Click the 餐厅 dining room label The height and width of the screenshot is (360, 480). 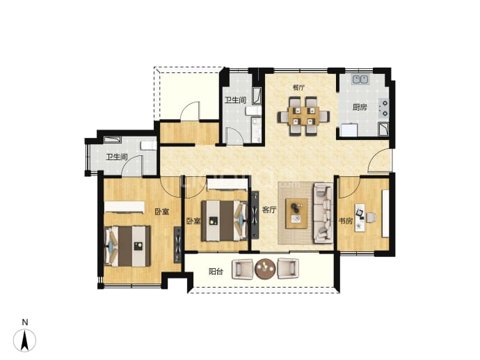298,88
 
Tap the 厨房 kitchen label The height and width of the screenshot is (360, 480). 360,107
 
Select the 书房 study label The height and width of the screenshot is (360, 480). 346,221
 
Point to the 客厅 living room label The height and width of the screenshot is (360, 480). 269,210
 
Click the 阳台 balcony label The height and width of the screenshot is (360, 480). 216,272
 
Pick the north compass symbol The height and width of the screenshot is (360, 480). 25,340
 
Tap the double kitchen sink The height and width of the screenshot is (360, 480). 360,79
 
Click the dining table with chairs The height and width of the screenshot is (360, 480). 303,116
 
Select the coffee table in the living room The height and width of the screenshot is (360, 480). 296,213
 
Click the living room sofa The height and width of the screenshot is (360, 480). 323,213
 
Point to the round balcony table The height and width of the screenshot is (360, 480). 266,269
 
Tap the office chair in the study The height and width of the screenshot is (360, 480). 371,218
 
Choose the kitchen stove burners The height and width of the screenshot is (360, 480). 383,108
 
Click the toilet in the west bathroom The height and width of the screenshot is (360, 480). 148,146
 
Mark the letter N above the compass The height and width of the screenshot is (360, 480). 25,322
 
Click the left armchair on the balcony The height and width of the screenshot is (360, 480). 243,269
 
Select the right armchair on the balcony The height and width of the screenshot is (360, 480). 288,269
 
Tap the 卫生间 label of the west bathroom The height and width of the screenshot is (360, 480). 117,157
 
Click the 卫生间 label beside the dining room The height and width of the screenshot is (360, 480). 235,100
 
